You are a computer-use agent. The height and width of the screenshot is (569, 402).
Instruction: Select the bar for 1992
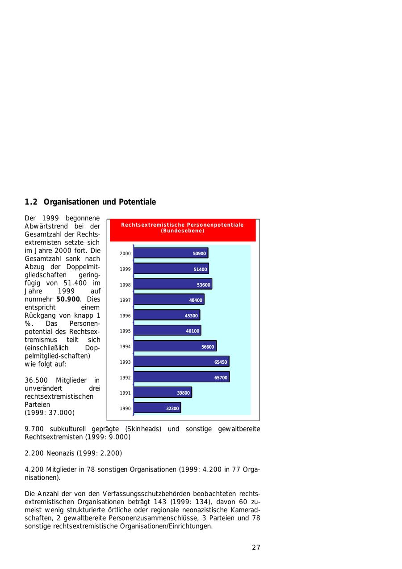(x=181, y=377)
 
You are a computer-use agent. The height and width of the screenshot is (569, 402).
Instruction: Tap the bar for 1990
(x=157, y=408)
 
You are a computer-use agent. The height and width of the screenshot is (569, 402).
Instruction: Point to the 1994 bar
(x=175, y=346)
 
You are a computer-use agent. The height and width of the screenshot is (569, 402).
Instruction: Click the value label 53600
(x=204, y=285)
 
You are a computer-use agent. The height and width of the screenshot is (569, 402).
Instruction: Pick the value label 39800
(x=184, y=393)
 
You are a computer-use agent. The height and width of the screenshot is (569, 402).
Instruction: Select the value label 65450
(x=221, y=362)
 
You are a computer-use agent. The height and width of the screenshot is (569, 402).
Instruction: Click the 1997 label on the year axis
(x=125, y=300)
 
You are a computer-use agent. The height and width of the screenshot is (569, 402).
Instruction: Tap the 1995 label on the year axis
(x=125, y=331)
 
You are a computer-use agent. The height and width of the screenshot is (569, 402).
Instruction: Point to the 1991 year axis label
(x=125, y=393)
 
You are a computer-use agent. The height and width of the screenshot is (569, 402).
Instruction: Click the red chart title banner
(x=183, y=230)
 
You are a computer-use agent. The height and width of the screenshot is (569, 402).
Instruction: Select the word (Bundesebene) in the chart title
(x=183, y=231)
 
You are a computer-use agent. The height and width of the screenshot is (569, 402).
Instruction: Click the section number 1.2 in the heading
(x=31, y=202)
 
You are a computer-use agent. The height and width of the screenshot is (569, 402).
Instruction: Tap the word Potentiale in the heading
(x=137, y=202)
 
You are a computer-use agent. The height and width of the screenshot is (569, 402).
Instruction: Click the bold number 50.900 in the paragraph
(x=68, y=299)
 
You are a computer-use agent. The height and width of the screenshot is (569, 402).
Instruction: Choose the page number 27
(x=256, y=548)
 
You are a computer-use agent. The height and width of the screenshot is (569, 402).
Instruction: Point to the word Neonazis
(x=60, y=453)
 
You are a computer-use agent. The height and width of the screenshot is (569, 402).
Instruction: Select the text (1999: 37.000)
(x=50, y=413)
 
